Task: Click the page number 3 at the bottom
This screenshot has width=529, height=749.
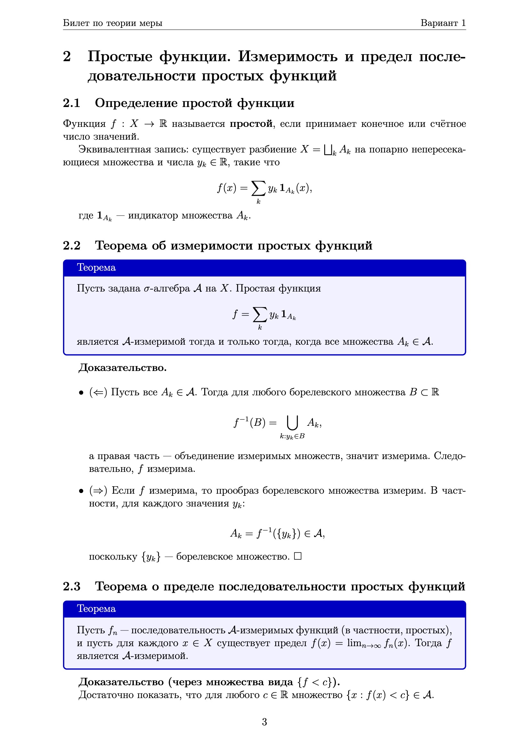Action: point(264,722)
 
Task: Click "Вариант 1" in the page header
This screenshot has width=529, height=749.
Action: point(443,23)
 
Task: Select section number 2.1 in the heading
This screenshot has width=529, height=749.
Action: point(72,103)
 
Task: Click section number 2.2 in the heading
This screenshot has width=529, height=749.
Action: point(72,245)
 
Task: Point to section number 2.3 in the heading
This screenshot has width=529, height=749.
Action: point(72,586)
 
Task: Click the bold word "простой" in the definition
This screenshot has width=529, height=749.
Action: point(251,124)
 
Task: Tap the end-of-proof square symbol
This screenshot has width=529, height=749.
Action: point(298,556)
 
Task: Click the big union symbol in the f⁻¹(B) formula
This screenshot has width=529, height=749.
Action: point(292,423)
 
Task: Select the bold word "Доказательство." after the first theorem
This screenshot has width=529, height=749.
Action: point(123,368)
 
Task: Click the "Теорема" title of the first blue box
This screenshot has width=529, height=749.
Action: point(96,267)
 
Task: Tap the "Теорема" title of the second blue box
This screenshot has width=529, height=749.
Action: point(96,609)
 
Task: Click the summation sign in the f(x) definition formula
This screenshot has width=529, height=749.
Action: point(258,188)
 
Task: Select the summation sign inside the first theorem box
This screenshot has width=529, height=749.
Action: point(260,315)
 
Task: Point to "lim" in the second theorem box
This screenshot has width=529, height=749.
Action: point(354,643)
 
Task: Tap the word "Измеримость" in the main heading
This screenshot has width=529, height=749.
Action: point(287,56)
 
